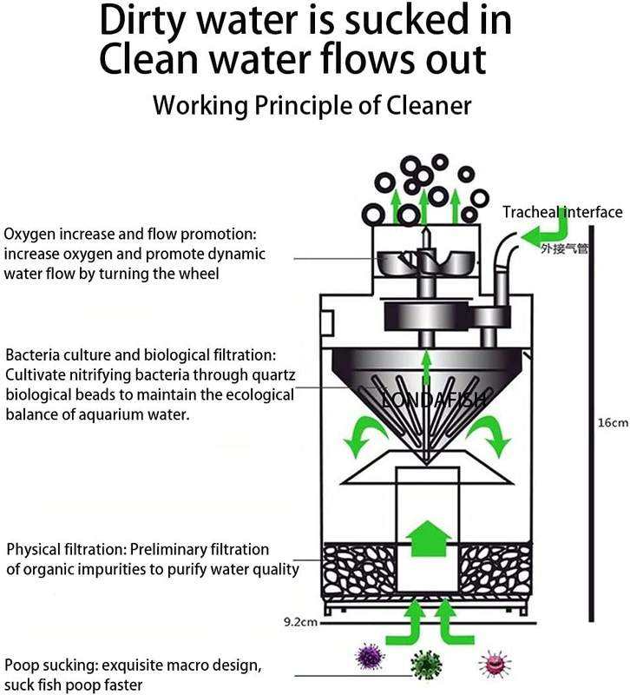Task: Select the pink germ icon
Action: [x=493, y=663]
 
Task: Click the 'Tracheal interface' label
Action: [x=562, y=212]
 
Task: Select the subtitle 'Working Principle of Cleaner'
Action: [x=312, y=106]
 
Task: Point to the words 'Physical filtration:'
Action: [x=66, y=550]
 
